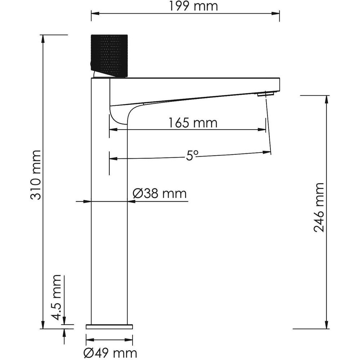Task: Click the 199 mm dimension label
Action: (193, 6)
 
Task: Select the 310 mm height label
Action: (36, 175)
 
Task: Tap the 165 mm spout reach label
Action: (193, 123)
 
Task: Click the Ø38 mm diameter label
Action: (160, 193)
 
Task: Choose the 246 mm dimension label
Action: (319, 208)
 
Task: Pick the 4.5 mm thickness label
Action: (56, 297)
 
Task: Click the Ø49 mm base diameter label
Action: (110, 353)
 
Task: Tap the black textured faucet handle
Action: (109, 55)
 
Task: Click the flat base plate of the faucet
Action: (109, 327)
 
